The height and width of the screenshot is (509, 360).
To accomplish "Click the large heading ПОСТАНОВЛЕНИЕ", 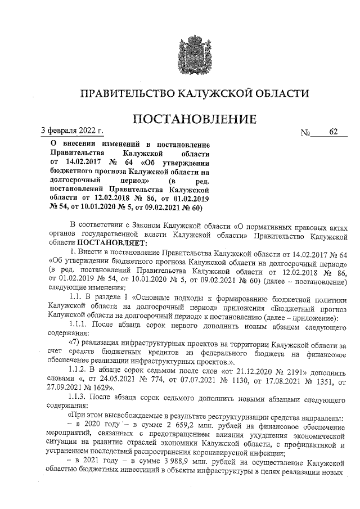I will [194, 120].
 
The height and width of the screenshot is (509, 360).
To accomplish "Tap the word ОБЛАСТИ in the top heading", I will [280, 93].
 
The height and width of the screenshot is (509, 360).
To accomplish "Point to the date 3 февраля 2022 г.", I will [73, 132].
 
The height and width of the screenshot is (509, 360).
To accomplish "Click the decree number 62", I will [334, 133].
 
